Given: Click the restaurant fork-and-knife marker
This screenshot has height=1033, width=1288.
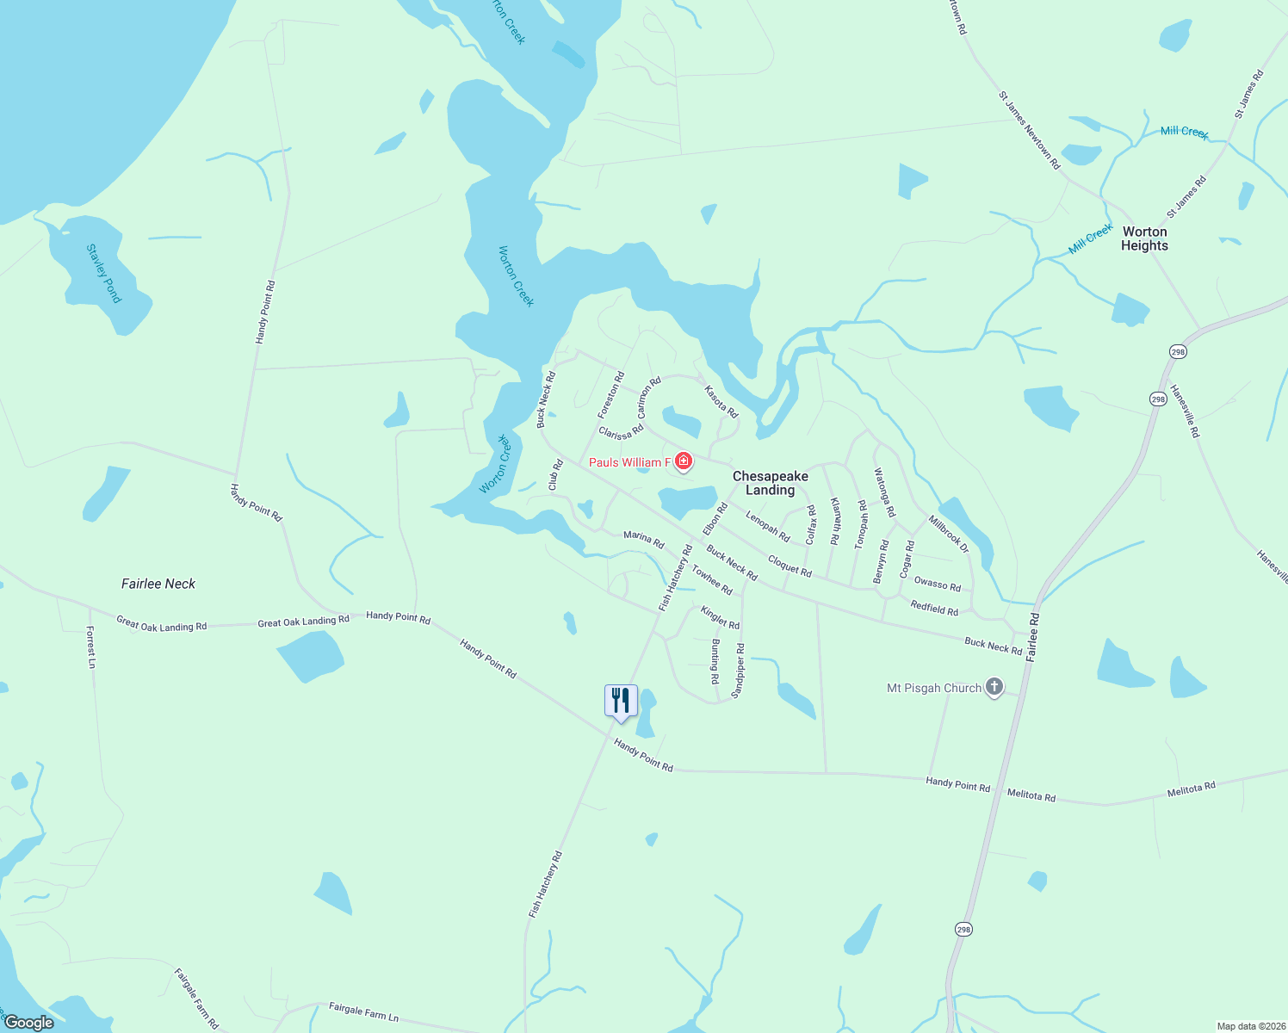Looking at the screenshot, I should tap(621, 701).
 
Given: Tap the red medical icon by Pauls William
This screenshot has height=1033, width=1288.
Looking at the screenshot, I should tap(684, 461).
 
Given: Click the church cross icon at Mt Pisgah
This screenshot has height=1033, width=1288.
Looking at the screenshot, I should tap(994, 687).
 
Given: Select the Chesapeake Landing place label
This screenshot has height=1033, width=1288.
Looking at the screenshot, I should tap(770, 483).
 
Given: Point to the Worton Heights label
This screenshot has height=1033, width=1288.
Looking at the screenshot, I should tap(1144, 238).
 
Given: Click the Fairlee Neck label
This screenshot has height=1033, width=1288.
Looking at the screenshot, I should tap(158, 584).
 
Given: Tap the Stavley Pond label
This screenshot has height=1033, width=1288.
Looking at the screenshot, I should tap(104, 274).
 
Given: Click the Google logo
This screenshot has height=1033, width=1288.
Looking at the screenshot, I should tap(29, 1023).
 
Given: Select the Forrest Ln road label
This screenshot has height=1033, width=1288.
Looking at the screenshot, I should tap(90, 647).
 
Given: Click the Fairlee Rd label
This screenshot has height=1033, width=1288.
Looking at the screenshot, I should tap(1032, 636).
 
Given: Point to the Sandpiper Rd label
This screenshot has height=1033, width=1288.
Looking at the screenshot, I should tap(738, 671).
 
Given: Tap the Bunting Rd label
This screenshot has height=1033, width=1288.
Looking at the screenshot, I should tap(715, 661).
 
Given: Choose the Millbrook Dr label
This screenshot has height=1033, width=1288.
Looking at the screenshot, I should tap(949, 534).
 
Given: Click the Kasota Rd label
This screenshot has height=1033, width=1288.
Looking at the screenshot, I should tap(721, 402).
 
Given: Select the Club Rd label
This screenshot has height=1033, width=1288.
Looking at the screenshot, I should tap(556, 475).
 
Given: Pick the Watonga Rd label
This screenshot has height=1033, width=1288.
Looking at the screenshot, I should tap(884, 492).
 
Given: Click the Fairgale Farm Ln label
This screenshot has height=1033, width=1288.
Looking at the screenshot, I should tap(363, 1011).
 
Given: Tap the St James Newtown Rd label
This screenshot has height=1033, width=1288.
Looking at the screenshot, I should tap(1029, 130).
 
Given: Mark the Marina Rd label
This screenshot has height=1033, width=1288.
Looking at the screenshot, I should tap(644, 540).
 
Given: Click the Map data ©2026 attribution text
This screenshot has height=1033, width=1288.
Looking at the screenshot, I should tap(1250, 1026).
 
